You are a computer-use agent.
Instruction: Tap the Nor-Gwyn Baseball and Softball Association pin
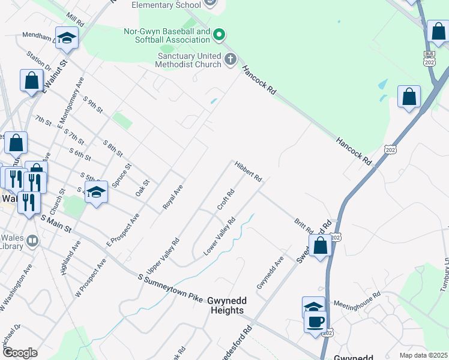point(219,35)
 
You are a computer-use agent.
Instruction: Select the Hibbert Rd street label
point(249,171)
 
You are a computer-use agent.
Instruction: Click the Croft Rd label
point(225,200)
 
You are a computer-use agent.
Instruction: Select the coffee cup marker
point(315,322)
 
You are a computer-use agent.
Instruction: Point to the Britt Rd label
point(303,226)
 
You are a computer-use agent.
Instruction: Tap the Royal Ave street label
point(172,197)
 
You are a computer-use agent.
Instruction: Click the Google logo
point(20,353)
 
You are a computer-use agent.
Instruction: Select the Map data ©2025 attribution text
point(423,355)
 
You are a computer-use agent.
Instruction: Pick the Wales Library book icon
point(32,241)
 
